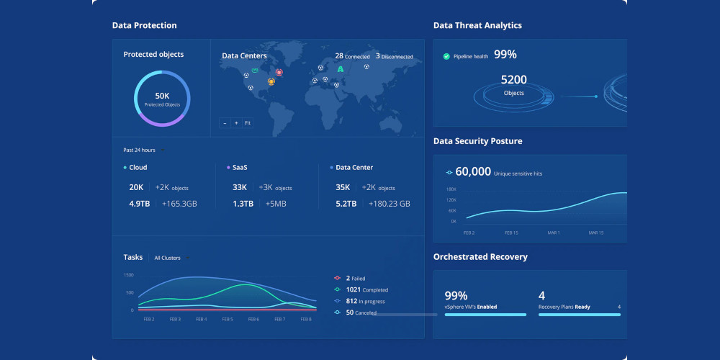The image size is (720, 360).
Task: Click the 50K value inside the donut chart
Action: [162, 96]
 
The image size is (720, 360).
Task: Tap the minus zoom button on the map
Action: [225, 123]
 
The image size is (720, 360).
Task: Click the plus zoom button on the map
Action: [236, 123]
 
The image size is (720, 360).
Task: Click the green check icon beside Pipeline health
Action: [446, 56]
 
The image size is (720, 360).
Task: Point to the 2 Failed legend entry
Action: [350, 278]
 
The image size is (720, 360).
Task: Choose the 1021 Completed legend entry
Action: [361, 289]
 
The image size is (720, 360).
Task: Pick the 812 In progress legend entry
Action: [359, 301]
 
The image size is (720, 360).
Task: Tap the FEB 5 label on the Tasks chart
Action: [228, 319]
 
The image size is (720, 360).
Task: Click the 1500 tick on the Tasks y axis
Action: [129, 275]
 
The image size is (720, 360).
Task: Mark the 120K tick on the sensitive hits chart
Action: [451, 199]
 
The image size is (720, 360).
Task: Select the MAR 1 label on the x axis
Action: [553, 233]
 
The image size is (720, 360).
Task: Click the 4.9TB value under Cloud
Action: [140, 204]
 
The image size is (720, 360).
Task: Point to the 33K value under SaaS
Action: [240, 187]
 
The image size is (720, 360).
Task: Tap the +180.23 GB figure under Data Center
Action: [390, 204]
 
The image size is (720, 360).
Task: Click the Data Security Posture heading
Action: [477, 141]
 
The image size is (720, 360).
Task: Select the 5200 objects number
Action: [514, 80]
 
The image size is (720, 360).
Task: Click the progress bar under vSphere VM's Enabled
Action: [485, 315]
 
